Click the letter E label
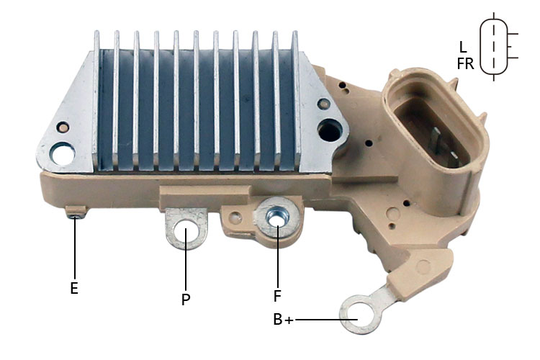click(x=74, y=288)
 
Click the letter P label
click(x=186, y=300)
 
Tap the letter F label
click(x=277, y=296)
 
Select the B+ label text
click(x=283, y=320)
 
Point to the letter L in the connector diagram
click(x=463, y=47)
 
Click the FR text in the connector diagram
click(x=466, y=63)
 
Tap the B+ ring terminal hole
click(x=358, y=315)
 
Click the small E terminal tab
click(x=76, y=212)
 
